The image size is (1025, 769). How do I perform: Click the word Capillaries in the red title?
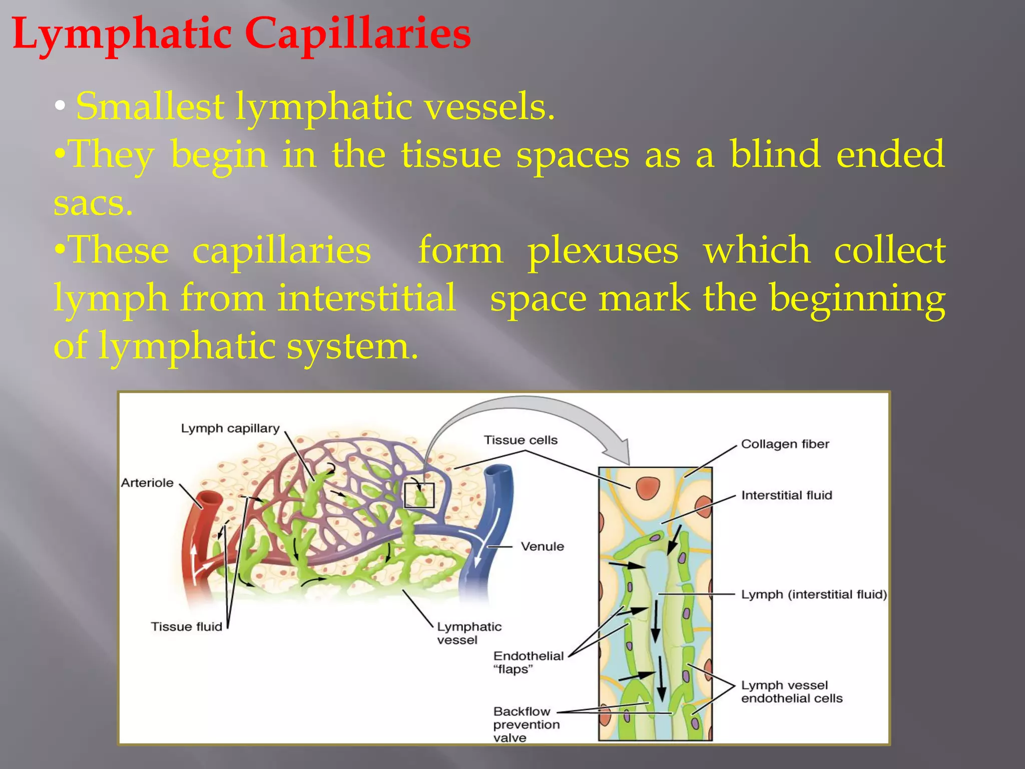coord(357,34)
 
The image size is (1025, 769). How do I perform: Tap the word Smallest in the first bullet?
coord(150,106)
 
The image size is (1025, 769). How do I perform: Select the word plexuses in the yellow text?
coord(603,250)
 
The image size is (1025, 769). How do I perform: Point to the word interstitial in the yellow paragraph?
coord(366,298)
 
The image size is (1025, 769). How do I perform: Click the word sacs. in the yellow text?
coord(93,203)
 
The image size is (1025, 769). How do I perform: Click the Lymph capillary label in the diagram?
coord(230,429)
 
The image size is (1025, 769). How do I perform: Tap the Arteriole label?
coord(147,483)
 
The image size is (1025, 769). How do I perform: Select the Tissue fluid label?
coord(186,627)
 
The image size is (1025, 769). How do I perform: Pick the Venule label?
coord(542,547)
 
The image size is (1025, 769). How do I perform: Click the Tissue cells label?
coord(521,440)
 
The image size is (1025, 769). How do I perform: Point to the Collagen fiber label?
coord(785,444)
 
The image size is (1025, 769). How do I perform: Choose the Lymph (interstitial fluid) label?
coord(814,595)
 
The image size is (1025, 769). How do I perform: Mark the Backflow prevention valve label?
coord(526,724)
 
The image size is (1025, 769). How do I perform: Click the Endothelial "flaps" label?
coord(528,662)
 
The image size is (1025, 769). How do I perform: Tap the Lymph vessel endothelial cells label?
coord(791,692)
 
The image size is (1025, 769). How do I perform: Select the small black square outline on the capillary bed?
coord(419,495)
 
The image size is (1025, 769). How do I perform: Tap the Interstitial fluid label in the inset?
coord(786,496)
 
